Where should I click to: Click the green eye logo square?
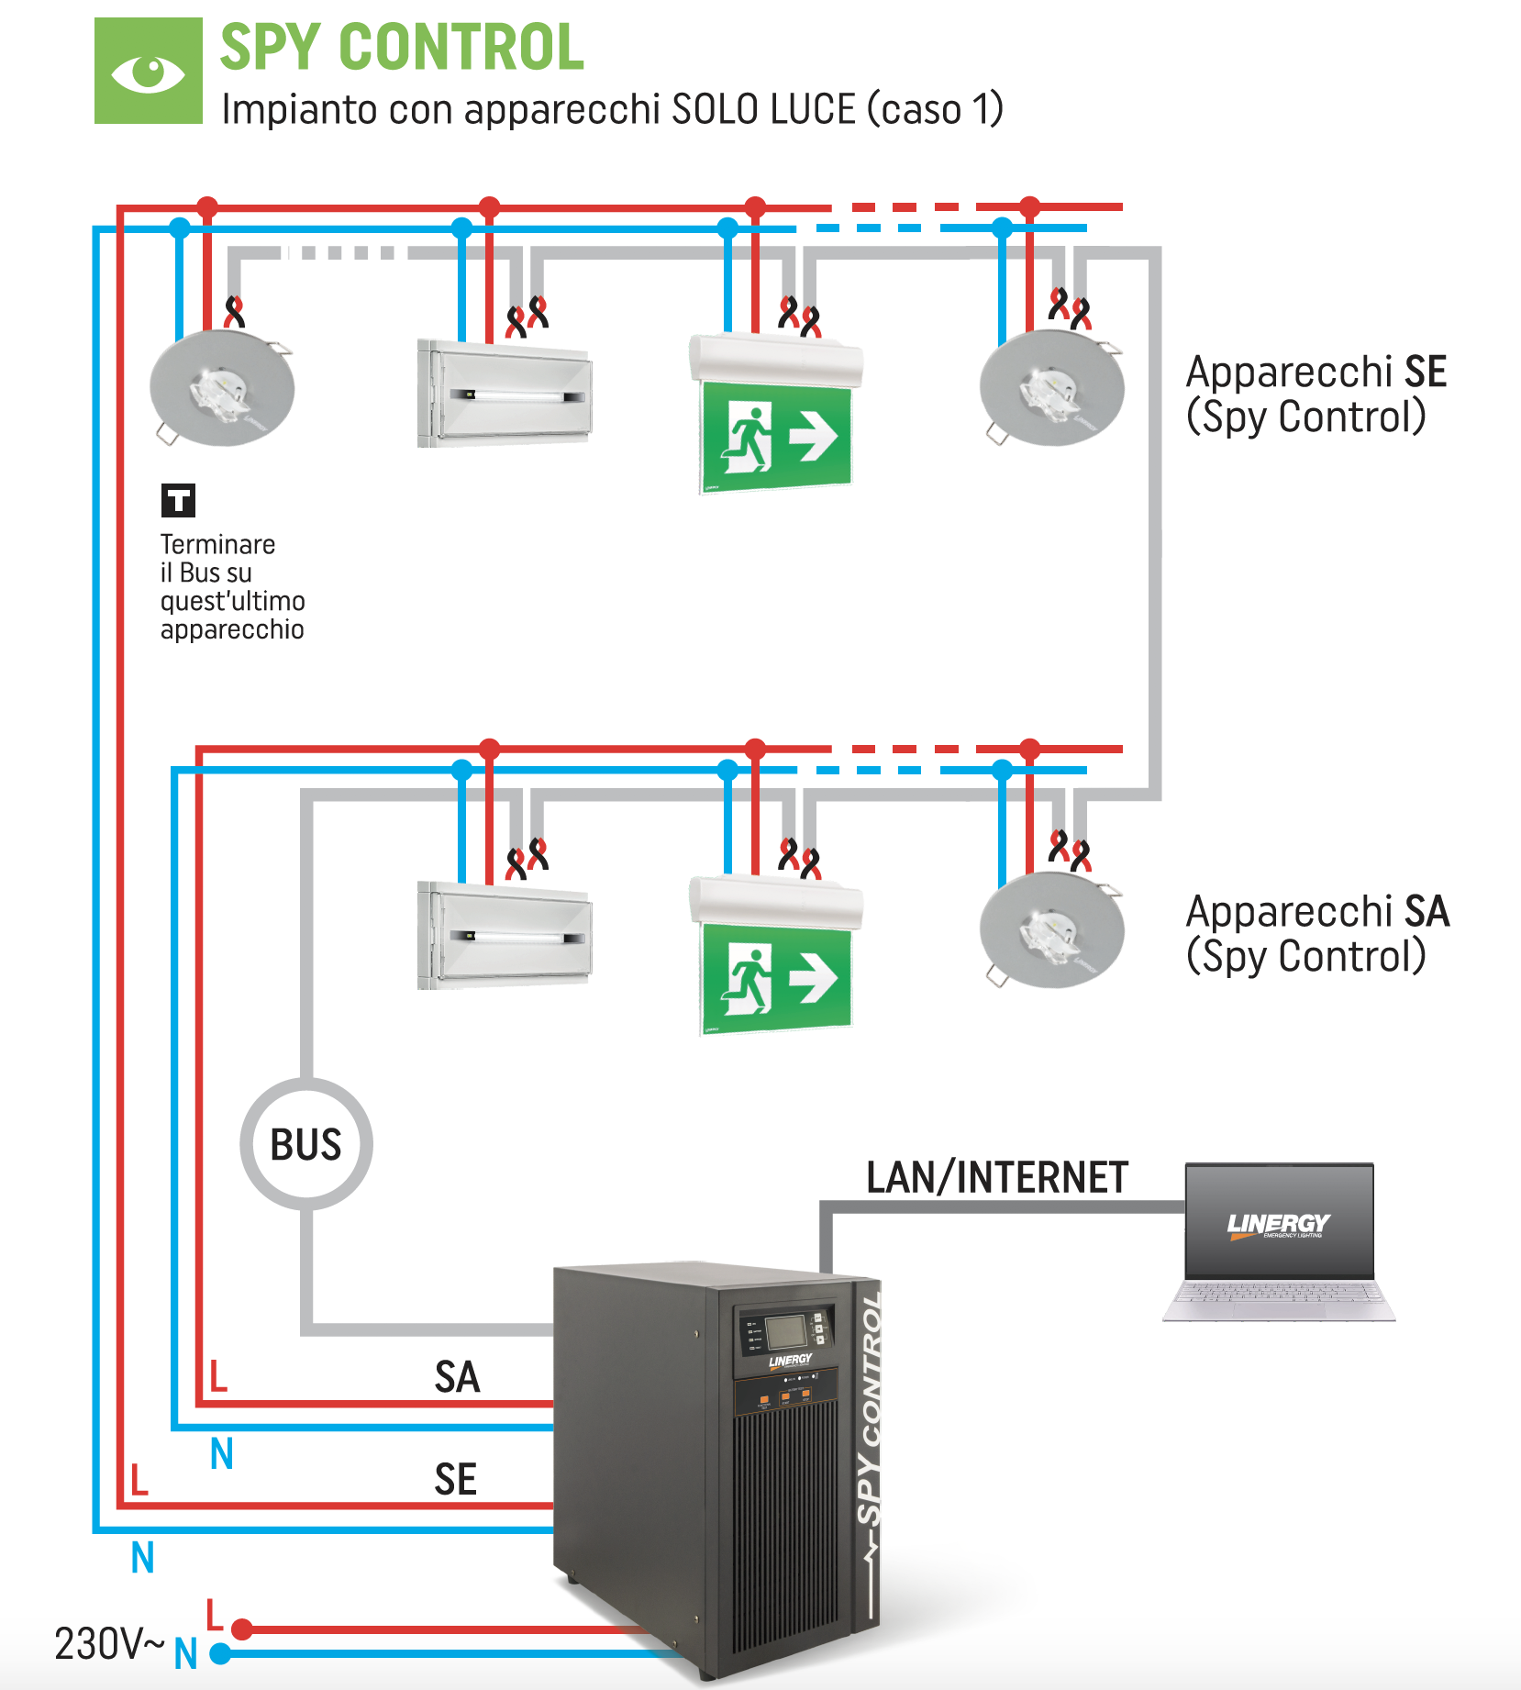pos(149,71)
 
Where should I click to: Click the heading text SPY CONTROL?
pos(402,48)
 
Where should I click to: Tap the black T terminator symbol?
pos(178,500)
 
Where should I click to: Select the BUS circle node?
pos(306,1144)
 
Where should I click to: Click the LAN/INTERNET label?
pos(996,1178)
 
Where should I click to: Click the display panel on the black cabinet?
pos(785,1331)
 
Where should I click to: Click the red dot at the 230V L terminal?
pos(242,1629)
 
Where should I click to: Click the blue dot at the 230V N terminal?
pos(220,1654)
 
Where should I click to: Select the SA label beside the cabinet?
pos(457,1377)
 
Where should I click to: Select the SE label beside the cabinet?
pos(455,1480)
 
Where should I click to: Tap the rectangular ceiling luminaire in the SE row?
pos(505,393)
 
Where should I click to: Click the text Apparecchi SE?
pos(1316,372)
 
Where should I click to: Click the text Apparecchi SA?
pos(1317,911)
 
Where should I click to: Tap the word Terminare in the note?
pos(217,544)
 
